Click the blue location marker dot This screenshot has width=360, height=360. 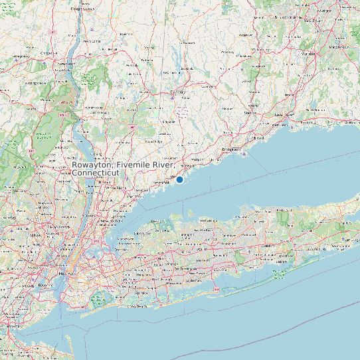179,179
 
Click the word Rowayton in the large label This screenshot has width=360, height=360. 92,165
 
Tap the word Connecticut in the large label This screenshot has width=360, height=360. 96,173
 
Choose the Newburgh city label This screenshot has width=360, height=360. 66,64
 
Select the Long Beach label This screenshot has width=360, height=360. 137,307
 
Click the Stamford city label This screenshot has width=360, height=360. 161,183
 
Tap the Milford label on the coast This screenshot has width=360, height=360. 258,137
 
